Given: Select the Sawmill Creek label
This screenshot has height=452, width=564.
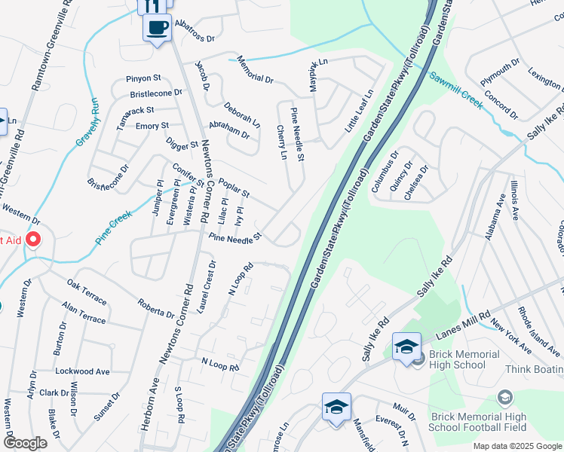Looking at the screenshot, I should (x=455, y=90).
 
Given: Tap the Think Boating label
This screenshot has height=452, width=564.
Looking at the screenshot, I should (x=534, y=368).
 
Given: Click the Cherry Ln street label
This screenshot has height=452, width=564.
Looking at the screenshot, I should (x=283, y=142).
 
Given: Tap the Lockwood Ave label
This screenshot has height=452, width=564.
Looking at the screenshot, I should (x=82, y=371).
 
